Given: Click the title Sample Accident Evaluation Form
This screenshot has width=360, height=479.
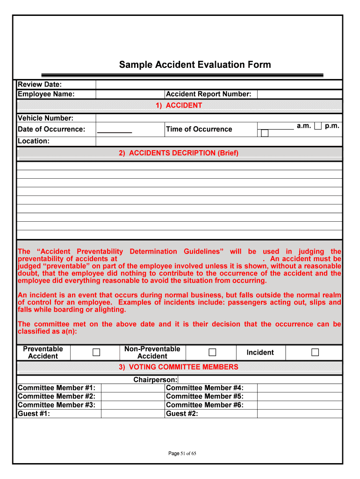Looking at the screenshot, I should tap(194, 65).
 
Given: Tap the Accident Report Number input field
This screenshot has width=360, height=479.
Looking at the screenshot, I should tap(299, 94).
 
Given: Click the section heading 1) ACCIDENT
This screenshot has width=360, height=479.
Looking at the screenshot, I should tap(179, 106).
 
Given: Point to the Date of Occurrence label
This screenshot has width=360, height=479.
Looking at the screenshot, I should tap(51, 129).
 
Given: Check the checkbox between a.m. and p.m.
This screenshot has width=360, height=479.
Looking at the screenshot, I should tap(318, 126).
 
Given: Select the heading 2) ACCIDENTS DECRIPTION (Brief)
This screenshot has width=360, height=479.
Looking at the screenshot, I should tap(179, 153).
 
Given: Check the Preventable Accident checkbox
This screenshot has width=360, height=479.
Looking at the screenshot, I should tap(96, 352).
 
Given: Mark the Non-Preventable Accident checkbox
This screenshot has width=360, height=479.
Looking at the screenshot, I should tap(212, 352).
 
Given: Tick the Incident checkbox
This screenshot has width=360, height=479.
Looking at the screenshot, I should tap(315, 352).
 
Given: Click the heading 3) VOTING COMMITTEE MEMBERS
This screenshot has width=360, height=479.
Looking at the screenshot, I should tap(179, 367).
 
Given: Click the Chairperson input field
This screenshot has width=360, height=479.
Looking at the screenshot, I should tap(259, 380).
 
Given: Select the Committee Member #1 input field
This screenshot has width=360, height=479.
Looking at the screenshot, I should tap(133, 388).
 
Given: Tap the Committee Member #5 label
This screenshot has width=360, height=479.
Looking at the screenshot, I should tap(205, 396).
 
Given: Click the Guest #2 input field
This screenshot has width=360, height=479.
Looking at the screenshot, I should tap(299, 414).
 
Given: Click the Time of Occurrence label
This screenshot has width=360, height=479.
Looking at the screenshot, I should tap(199, 129).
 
